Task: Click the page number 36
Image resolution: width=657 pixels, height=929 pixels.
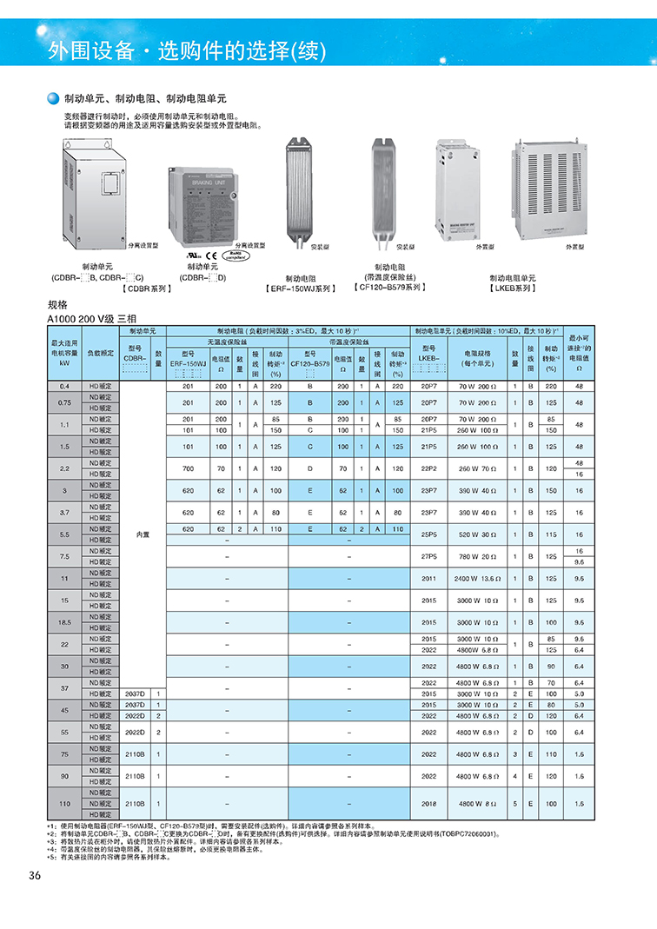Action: pyautogui.click(x=35, y=875)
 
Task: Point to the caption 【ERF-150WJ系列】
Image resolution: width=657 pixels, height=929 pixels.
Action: pyautogui.click(x=301, y=288)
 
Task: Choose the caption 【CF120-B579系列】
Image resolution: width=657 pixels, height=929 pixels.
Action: pyautogui.click(x=391, y=287)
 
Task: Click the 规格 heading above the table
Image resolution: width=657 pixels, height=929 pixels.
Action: pyautogui.click(x=57, y=306)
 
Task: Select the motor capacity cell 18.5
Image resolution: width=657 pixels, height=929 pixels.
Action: pyautogui.click(x=63, y=622)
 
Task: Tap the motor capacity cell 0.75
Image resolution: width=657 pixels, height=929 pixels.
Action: pyautogui.click(x=63, y=403)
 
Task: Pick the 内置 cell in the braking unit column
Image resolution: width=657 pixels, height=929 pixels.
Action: pyautogui.click(x=143, y=534)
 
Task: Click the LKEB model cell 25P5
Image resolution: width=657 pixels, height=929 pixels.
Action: pyautogui.click(x=428, y=534)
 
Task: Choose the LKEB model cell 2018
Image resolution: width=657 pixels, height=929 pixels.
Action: pyautogui.click(x=428, y=804)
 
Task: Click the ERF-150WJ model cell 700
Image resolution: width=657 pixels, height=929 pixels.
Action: pyautogui.click(x=188, y=468)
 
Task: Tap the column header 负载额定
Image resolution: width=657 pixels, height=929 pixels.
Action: pyautogui.click(x=101, y=353)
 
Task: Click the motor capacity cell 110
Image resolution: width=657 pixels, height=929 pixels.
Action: pyautogui.click(x=63, y=804)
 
